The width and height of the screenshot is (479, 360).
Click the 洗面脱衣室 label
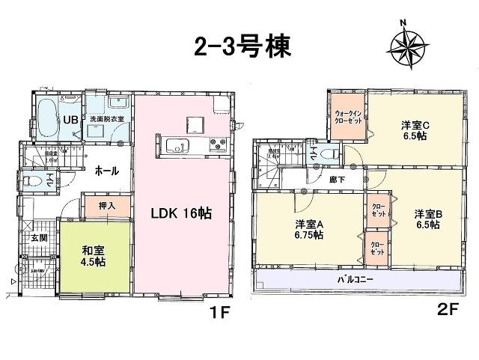coord(106,119)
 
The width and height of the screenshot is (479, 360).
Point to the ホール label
coord(106,171)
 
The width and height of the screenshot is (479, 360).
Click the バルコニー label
coord(356,279)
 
